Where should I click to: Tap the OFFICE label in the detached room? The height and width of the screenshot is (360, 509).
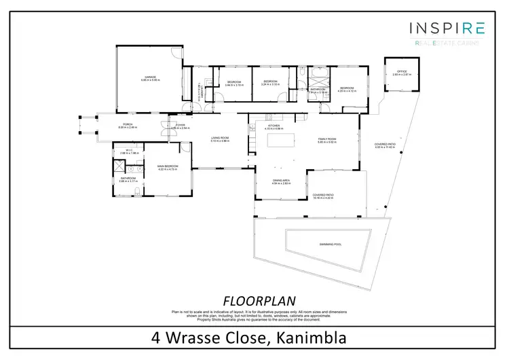[x=401, y=71]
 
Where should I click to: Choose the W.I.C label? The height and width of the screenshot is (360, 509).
[x=129, y=150]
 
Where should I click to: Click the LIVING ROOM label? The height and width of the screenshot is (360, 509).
[x=223, y=139]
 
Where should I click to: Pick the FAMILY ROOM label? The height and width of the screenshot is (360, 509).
[x=328, y=139]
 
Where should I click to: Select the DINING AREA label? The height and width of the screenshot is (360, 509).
[x=281, y=180]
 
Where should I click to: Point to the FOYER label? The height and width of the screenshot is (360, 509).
[x=181, y=125]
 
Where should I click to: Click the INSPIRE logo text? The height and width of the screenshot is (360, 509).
[x=447, y=28]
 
